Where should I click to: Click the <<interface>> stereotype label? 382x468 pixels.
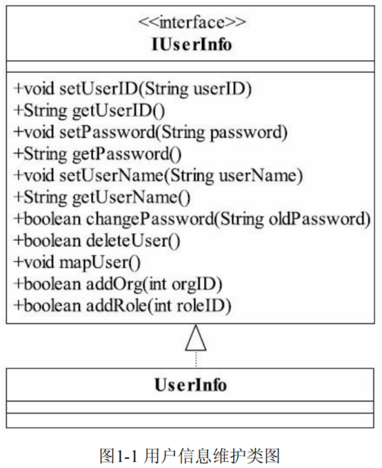192,23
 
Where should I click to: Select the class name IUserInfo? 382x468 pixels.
192,45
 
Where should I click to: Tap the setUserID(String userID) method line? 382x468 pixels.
133,89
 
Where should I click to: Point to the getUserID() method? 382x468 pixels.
90,111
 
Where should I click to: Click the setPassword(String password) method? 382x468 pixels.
151,133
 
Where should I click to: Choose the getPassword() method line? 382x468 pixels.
98,154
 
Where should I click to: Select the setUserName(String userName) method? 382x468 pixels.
159,175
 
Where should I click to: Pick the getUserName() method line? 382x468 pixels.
102,198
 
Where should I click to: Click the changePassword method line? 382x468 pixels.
192,220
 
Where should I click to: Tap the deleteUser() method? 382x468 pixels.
97,241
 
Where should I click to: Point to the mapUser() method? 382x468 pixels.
77,263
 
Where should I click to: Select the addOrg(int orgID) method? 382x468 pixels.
118,284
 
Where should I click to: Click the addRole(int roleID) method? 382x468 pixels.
123,306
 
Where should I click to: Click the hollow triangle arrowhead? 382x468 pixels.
196,339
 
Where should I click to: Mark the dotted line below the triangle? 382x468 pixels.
196,360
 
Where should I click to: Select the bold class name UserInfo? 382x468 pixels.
191,385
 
